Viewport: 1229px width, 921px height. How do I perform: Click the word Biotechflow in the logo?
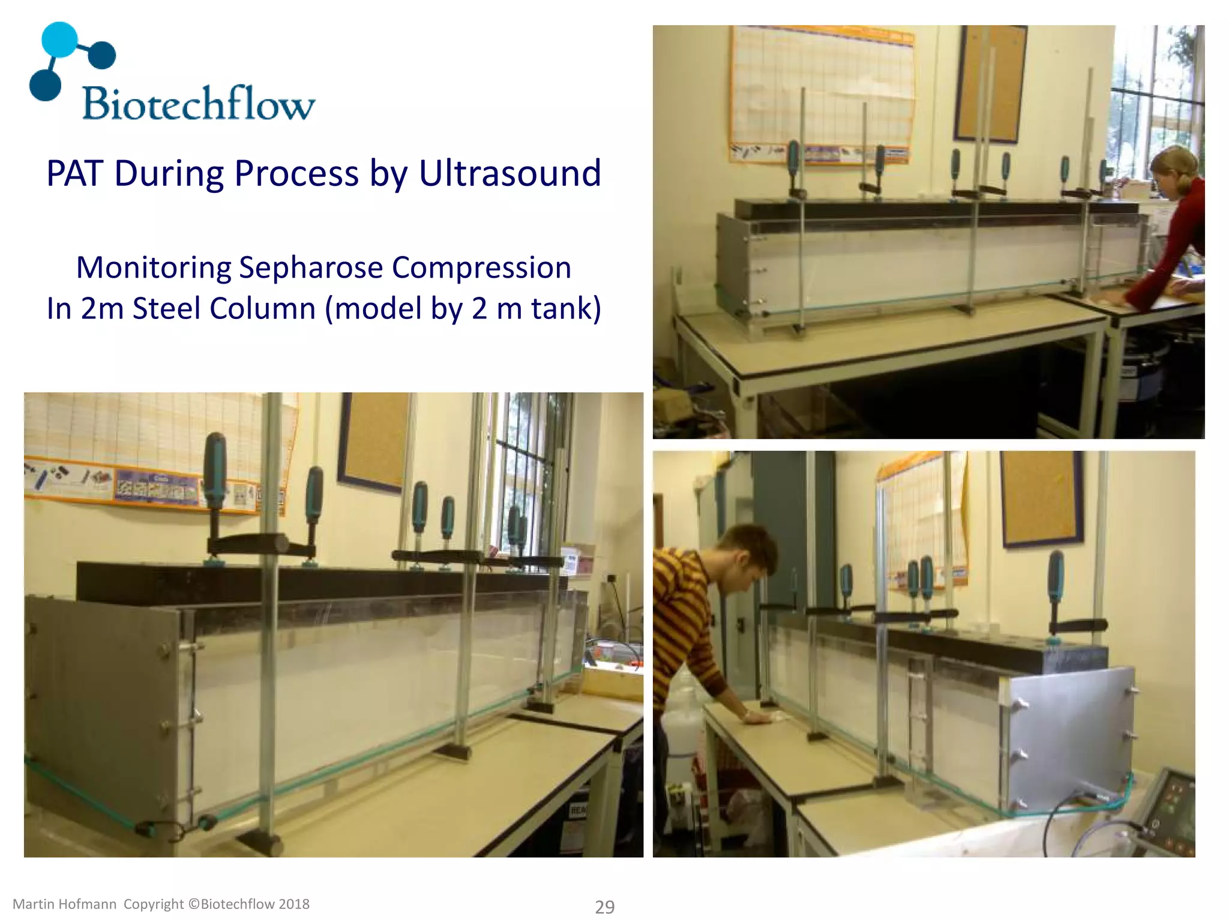198,103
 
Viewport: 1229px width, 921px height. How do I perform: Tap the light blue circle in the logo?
59,40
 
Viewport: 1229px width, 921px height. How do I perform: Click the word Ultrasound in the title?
509,173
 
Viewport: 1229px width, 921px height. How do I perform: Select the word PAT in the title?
74,173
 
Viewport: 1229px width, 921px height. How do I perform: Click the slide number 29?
604,907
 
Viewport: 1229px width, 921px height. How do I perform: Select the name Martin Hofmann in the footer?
64,904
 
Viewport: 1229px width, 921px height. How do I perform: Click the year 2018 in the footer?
293,904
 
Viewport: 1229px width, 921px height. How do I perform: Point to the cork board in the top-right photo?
990,84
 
